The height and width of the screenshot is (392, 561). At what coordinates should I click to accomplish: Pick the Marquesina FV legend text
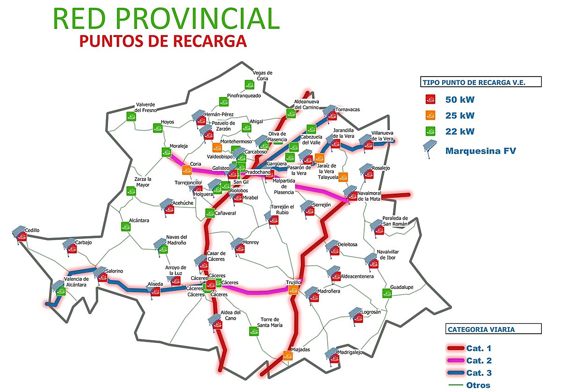coord(481,151)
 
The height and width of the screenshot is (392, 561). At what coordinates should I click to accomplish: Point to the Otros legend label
coord(478,385)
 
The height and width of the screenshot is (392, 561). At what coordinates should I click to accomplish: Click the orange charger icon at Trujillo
coord(294,290)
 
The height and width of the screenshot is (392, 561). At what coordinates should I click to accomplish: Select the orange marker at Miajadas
coord(288,356)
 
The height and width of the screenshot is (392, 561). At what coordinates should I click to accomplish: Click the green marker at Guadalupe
coord(387,293)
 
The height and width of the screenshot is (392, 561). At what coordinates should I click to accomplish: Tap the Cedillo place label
coord(32,230)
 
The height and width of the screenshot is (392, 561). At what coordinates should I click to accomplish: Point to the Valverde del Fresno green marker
coord(131,116)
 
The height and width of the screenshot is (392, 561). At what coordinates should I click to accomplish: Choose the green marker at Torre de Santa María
coord(253,331)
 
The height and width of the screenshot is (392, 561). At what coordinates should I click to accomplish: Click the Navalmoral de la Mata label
coord(369,196)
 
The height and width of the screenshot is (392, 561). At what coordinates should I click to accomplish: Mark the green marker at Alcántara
coord(126,226)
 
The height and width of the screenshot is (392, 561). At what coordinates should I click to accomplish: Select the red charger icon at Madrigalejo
coord(335,358)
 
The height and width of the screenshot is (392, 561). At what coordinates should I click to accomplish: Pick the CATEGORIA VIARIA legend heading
coord(481,329)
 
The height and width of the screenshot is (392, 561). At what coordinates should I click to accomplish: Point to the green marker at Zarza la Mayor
coord(130,190)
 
